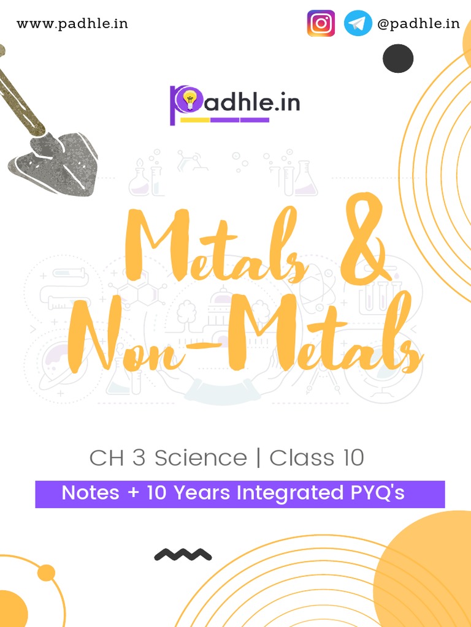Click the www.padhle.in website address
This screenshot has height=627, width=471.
point(72,24)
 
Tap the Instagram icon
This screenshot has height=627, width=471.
point(321,24)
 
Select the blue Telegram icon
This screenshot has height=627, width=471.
point(358,24)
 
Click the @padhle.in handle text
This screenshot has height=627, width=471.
point(418,24)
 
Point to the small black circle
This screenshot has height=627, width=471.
point(398,59)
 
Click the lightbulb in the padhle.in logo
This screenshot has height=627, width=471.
point(190,99)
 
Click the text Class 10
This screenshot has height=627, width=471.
point(317,458)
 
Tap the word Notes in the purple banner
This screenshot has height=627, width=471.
point(91,493)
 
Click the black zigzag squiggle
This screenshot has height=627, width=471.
point(183,555)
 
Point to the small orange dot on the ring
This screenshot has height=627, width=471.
point(46,573)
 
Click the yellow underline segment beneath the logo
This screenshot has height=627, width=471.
point(195,120)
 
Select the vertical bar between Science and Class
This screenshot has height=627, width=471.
point(258,458)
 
